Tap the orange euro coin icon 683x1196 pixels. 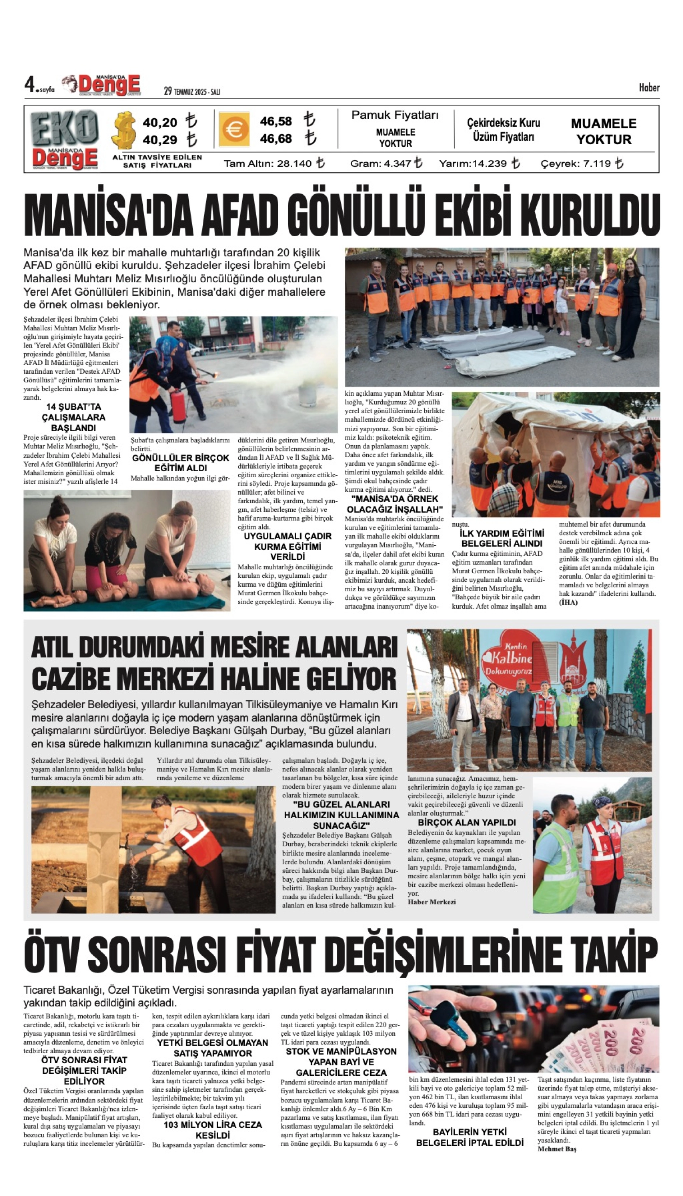(x=233, y=129)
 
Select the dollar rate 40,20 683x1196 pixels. (x=160, y=123)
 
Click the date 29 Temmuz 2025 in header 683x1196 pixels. (x=192, y=91)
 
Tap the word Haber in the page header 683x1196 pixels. (x=649, y=87)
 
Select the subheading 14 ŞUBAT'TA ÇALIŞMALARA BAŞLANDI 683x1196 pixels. (x=73, y=417)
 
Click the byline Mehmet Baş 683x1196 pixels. (x=557, y=1149)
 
